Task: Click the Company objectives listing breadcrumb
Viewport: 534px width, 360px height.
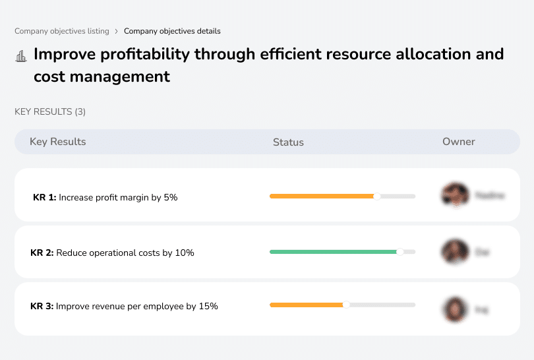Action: pyautogui.click(x=62, y=31)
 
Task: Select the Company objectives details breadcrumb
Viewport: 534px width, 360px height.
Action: pyautogui.click(x=172, y=31)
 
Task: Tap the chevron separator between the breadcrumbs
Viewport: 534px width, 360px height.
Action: pyautogui.click(x=117, y=31)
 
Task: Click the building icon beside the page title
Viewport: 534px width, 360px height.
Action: pyautogui.click(x=21, y=55)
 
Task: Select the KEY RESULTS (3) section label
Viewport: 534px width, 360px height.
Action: pyautogui.click(x=50, y=112)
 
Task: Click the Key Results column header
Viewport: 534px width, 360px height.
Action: pyautogui.click(x=58, y=142)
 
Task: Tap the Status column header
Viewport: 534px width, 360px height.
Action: pyautogui.click(x=288, y=142)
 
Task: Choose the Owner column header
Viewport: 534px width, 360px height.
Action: pyautogui.click(x=459, y=142)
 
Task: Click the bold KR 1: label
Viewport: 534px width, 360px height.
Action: pyautogui.click(x=44, y=197)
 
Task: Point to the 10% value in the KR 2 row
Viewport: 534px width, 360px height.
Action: pyautogui.click(x=185, y=253)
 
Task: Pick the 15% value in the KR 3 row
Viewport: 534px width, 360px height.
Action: pyautogui.click(x=208, y=306)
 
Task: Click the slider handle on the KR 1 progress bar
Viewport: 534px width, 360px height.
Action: pyautogui.click(x=377, y=196)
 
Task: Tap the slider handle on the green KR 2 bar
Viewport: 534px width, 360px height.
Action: pyautogui.click(x=400, y=251)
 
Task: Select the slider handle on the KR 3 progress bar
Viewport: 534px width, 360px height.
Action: pyautogui.click(x=346, y=305)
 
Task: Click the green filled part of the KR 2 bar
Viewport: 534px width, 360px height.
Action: pyautogui.click(x=332, y=251)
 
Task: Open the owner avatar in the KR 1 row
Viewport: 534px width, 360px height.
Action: pyautogui.click(x=454, y=195)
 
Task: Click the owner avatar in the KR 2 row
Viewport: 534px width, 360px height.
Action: pyautogui.click(x=454, y=251)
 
